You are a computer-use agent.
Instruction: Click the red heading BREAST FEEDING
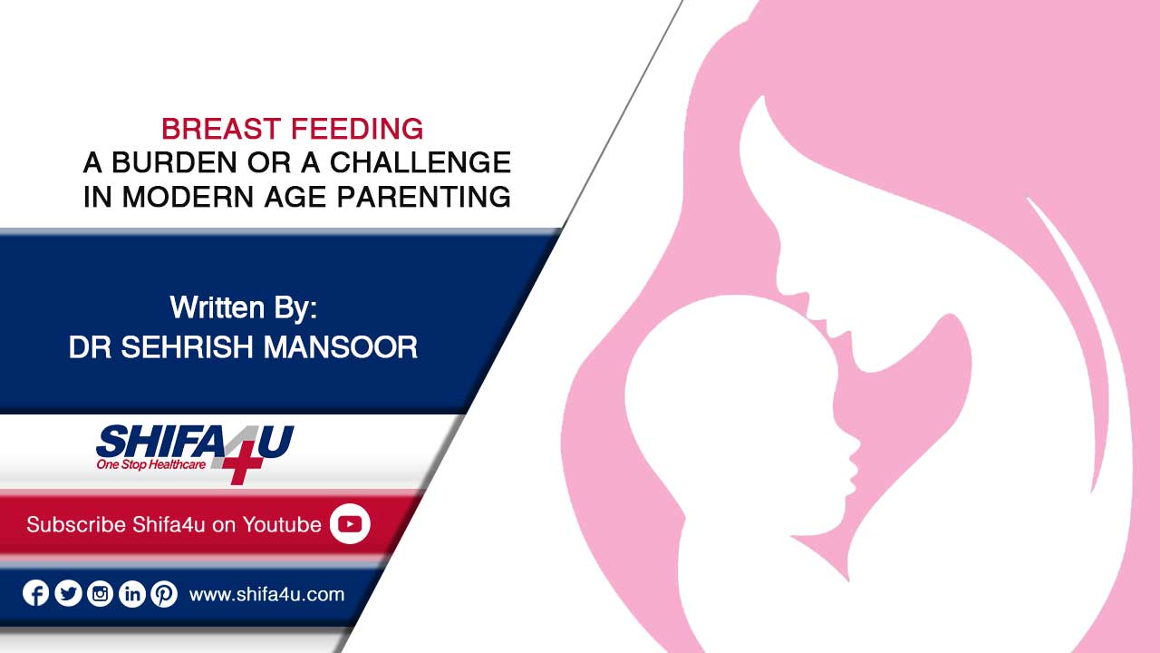(292, 129)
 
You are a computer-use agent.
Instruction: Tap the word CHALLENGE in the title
(420, 162)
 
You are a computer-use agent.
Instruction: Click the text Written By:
(244, 307)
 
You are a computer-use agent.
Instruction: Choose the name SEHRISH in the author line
(188, 346)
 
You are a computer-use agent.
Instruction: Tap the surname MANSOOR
(341, 346)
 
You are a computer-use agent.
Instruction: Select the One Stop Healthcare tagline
(150, 464)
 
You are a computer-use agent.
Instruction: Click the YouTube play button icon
(350, 524)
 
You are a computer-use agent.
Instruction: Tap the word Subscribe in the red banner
(76, 524)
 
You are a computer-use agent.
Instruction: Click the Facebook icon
(35, 593)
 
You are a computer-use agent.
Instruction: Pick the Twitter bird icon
(68, 593)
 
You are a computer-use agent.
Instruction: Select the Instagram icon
(100, 593)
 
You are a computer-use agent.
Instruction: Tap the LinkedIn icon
(132, 593)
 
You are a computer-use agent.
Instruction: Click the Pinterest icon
(164, 593)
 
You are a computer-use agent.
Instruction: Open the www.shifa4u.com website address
(266, 594)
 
